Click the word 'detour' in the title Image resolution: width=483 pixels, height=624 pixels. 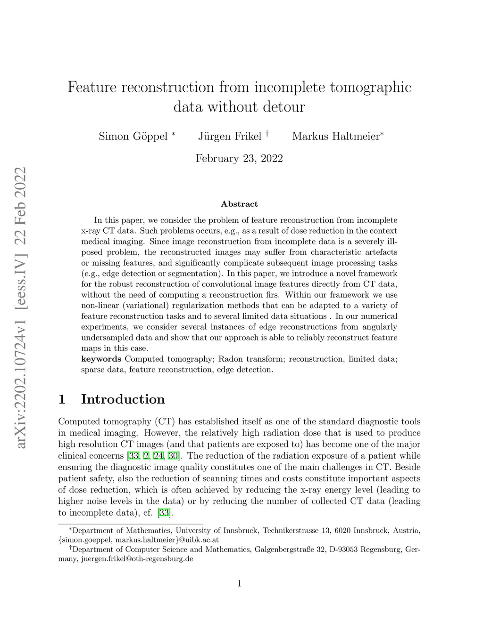(x=284, y=107)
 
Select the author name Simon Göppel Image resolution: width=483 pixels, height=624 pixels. (x=133, y=137)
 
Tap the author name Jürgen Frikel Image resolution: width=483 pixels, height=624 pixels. (x=230, y=137)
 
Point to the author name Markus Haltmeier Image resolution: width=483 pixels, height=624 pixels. (x=336, y=137)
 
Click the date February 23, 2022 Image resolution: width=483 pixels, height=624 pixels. (x=239, y=158)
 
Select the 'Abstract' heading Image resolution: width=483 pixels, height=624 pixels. (x=239, y=204)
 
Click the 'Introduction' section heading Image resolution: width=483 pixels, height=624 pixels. (x=123, y=399)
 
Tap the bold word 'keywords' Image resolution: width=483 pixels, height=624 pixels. (x=101, y=359)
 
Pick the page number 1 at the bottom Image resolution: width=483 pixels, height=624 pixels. (x=239, y=584)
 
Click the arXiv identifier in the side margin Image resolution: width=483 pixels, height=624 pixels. (x=20, y=308)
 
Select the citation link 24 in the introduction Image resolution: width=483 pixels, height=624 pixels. (x=158, y=456)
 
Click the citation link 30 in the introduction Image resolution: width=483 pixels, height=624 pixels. (x=172, y=456)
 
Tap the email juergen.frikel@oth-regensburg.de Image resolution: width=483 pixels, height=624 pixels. (x=137, y=559)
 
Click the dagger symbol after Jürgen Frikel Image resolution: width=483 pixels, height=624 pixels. (x=267, y=134)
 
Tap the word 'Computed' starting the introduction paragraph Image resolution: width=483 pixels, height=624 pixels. (x=77, y=421)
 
